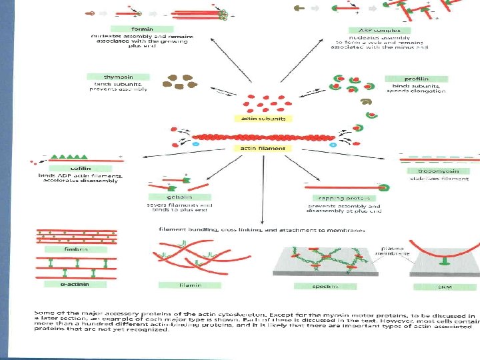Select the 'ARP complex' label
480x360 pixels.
click(x=379, y=30)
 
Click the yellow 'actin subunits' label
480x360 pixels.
click(x=263, y=119)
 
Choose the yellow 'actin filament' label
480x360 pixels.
click(x=263, y=149)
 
